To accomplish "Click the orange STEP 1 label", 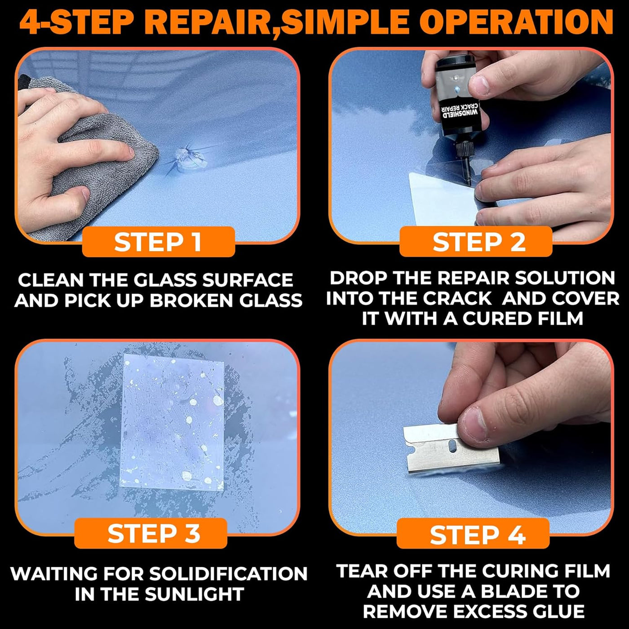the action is click(158, 242).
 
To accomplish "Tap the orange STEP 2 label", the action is click(476, 242).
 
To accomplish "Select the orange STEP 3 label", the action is click(151, 533).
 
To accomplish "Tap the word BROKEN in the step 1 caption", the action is click(191, 301).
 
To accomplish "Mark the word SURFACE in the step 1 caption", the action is click(248, 280).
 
